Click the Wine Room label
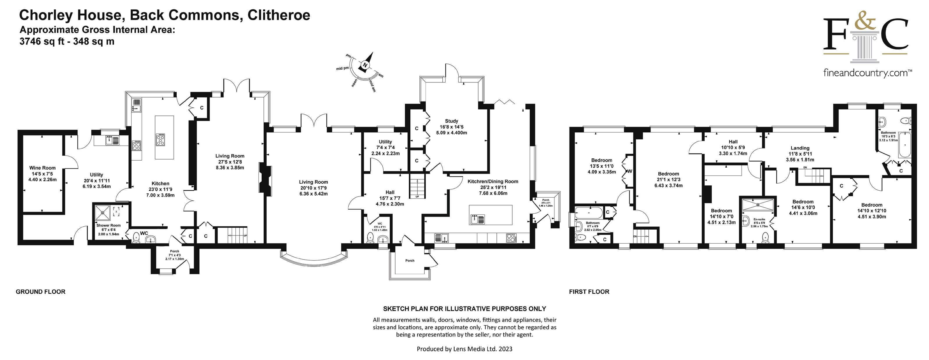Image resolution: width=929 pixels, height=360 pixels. [42, 168]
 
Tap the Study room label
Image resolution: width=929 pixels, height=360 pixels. [451, 121]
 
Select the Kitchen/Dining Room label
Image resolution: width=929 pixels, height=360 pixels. [493, 181]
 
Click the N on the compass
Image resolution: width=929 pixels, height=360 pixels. [365, 65]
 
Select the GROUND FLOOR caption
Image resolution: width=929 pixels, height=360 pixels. [41, 292]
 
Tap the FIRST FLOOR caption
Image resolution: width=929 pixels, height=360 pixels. [589, 292]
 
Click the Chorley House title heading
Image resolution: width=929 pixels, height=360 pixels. [164, 15]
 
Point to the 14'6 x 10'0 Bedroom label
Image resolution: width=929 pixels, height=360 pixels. [803, 202]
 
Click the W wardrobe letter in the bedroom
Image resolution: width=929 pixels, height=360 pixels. [630, 171]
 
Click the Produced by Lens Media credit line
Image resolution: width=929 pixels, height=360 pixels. [464, 349]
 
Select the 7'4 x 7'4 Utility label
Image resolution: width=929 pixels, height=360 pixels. [385, 142]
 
